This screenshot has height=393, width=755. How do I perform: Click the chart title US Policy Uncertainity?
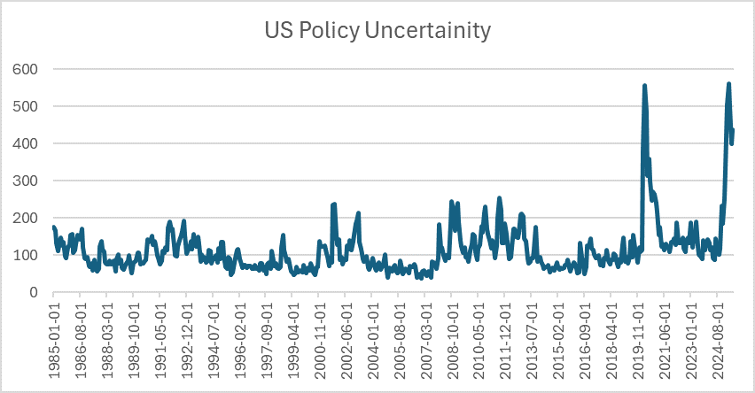[377, 32]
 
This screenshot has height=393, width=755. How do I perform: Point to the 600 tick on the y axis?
[24, 69]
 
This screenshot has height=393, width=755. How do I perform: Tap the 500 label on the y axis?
[24, 106]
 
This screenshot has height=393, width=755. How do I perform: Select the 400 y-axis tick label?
[24, 143]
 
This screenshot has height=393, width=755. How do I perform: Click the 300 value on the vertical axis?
[24, 181]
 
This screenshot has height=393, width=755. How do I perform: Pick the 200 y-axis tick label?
[24, 218]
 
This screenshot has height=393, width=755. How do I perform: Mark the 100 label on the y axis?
[24, 255]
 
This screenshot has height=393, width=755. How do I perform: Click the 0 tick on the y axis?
[33, 292]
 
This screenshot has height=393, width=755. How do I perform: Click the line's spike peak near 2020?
[644, 86]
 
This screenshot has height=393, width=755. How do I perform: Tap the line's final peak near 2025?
[728, 84]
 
